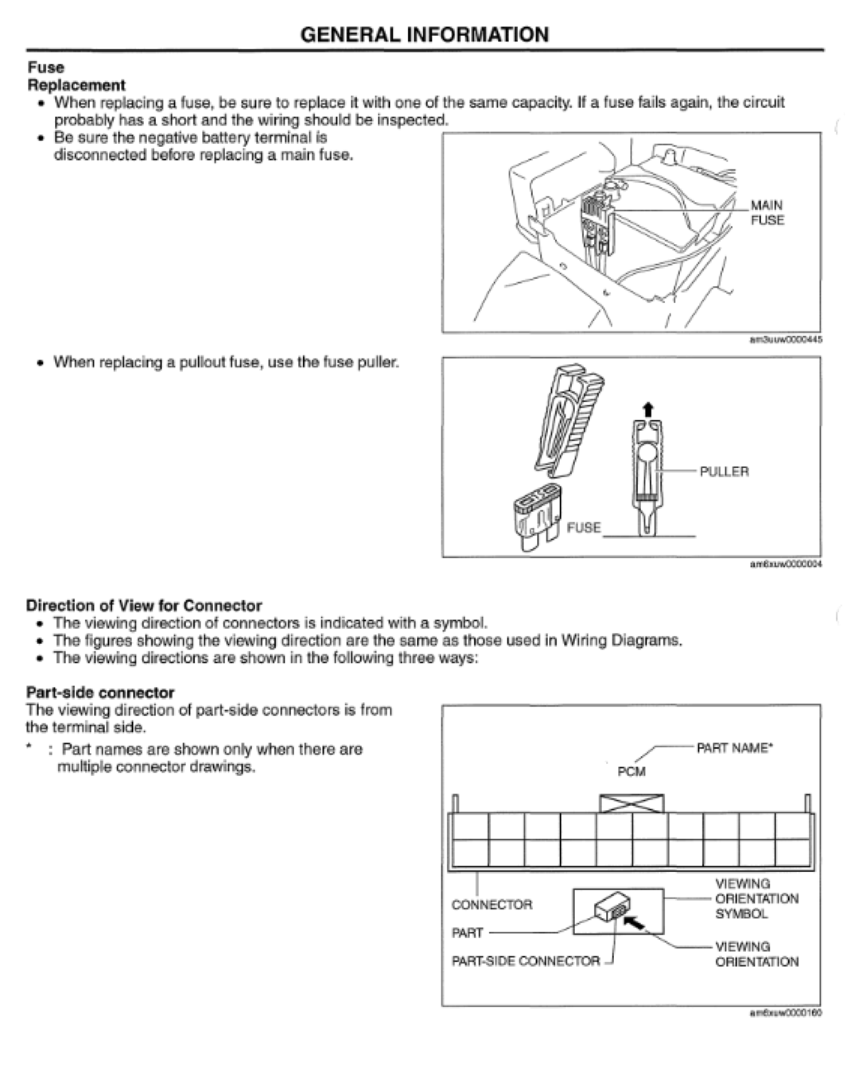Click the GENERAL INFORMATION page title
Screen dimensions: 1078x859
click(425, 35)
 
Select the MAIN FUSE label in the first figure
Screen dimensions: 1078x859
click(768, 212)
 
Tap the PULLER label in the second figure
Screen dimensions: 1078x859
click(724, 471)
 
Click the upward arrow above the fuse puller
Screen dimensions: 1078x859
click(647, 409)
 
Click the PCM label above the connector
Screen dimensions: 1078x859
click(632, 771)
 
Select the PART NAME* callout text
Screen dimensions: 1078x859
click(734, 748)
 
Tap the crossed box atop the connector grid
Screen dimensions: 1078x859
click(632, 803)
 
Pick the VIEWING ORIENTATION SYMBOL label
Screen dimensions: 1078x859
click(756, 898)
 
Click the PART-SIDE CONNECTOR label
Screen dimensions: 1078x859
click(526, 961)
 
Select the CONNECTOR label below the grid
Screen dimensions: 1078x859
click(492, 905)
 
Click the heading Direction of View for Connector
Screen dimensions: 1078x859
click(144, 605)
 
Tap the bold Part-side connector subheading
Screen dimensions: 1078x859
click(100, 692)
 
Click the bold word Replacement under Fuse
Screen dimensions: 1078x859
click(76, 85)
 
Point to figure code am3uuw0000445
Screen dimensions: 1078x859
click(786, 339)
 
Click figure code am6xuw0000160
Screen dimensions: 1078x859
click(786, 1014)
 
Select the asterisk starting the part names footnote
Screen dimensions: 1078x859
click(29, 748)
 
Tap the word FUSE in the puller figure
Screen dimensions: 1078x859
click(584, 527)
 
